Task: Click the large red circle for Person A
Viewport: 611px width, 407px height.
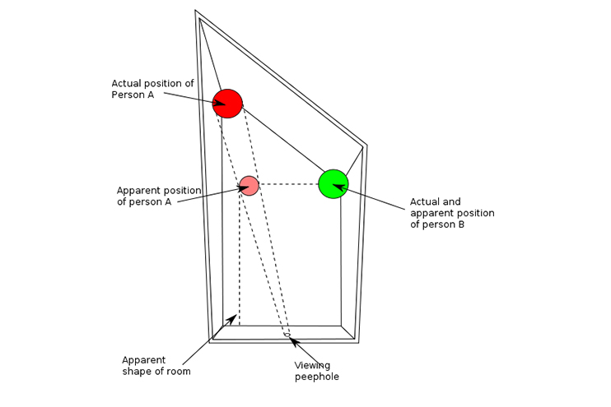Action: [x=227, y=104]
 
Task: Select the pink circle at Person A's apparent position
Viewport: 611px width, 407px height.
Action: [x=249, y=186]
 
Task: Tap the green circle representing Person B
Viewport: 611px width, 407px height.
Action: [x=333, y=183]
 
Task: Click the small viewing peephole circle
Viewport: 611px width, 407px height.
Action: [x=287, y=335]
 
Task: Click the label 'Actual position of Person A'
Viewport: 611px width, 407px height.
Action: [x=152, y=89]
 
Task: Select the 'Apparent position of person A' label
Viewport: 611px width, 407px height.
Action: [x=158, y=196]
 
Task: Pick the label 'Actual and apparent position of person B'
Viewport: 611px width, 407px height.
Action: [x=452, y=213]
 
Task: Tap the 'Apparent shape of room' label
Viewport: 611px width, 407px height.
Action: [x=156, y=365]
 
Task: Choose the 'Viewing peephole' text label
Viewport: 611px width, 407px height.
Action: [x=316, y=371]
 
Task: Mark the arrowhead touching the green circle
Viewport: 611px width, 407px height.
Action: [x=338, y=188]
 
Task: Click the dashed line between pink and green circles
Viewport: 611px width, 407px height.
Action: [x=288, y=184]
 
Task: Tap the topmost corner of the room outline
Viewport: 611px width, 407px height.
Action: [x=195, y=11]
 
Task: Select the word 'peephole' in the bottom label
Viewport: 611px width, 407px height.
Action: [x=316, y=377]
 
